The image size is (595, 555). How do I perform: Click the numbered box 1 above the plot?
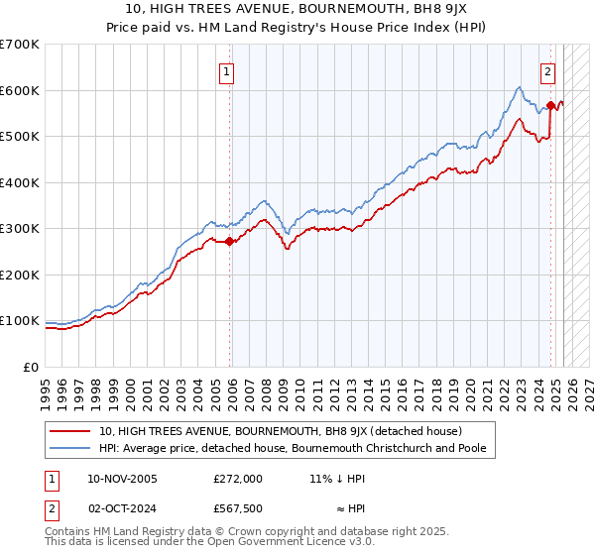click(x=227, y=71)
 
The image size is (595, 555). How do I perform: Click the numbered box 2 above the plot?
click(x=547, y=71)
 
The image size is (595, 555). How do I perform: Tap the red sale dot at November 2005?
click(x=230, y=241)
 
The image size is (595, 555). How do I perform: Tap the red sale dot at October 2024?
click(x=551, y=104)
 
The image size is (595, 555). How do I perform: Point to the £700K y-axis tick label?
click(x=20, y=45)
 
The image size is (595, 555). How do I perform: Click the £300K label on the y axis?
click(x=20, y=229)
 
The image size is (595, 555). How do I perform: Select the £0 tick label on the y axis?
click(x=32, y=367)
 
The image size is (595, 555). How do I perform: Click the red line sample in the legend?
click(x=70, y=431)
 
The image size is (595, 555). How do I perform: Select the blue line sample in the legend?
click(x=70, y=449)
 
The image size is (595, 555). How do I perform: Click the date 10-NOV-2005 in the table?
click(x=123, y=478)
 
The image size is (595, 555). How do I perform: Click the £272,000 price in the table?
click(x=238, y=478)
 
